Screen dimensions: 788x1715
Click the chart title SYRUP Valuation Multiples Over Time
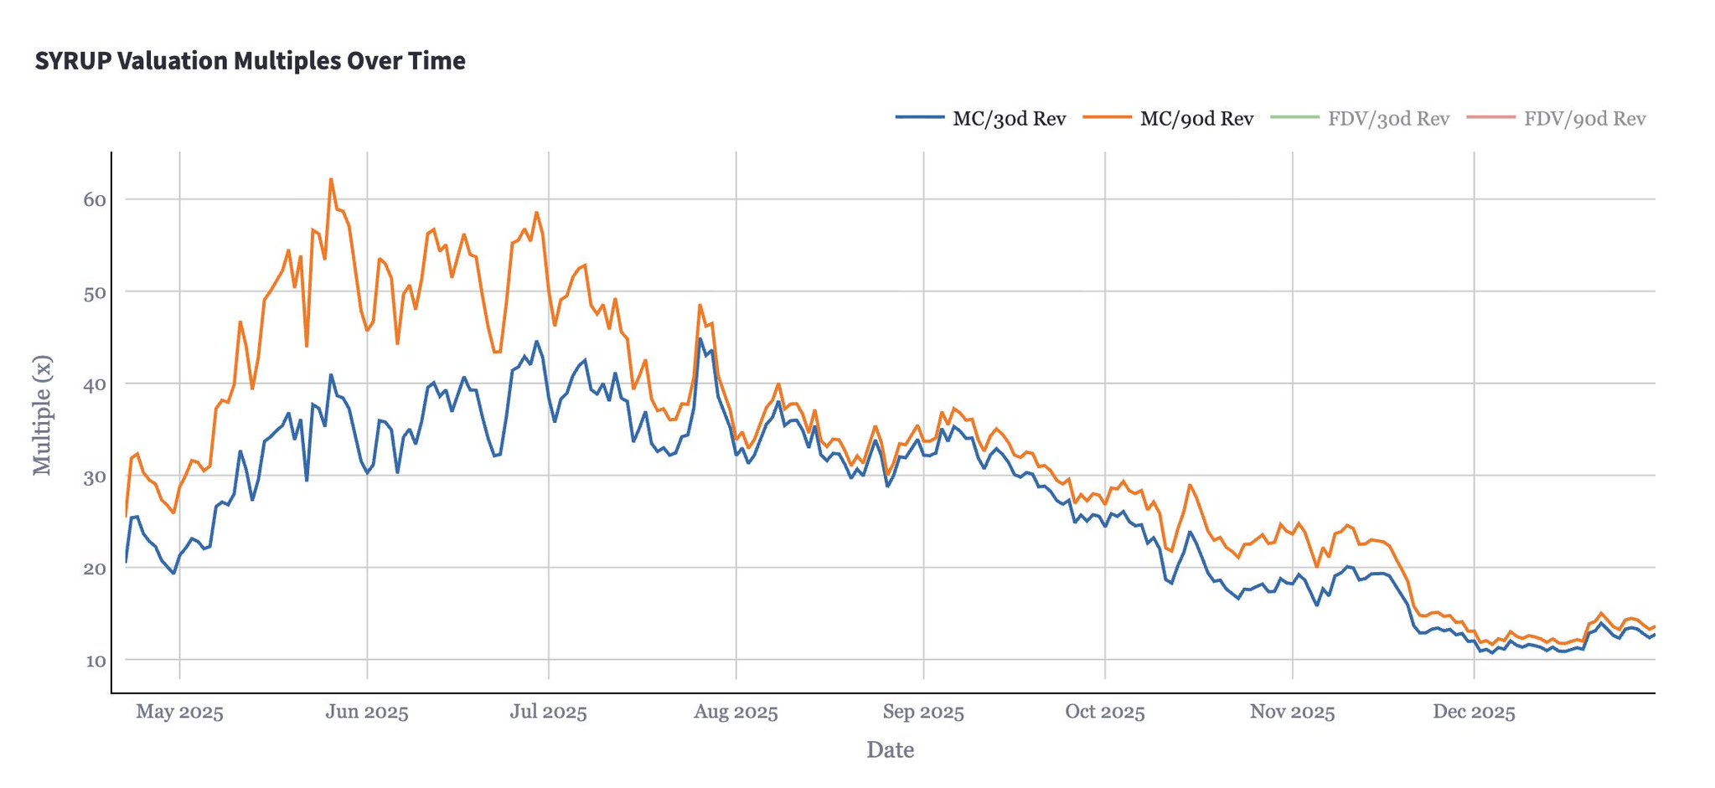tap(250, 61)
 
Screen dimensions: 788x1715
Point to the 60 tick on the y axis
tap(95, 199)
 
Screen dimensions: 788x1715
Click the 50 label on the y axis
tap(95, 292)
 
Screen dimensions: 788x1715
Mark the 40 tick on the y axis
tap(95, 384)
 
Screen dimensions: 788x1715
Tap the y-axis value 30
tap(95, 476)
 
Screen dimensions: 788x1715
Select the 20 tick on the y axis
tap(95, 569)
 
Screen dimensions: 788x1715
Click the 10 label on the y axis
tap(95, 661)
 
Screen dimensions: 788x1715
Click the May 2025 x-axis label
tap(179, 713)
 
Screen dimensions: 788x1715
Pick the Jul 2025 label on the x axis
tap(548, 713)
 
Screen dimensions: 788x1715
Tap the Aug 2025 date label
tap(736, 713)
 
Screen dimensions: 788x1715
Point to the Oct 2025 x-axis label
tap(1104, 713)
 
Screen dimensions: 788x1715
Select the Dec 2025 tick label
tap(1474, 713)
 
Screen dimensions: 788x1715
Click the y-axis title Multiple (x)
tap(42, 415)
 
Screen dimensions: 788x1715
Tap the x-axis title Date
tap(890, 750)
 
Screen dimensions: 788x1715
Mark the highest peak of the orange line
tap(331, 178)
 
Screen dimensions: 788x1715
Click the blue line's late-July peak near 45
tap(700, 338)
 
